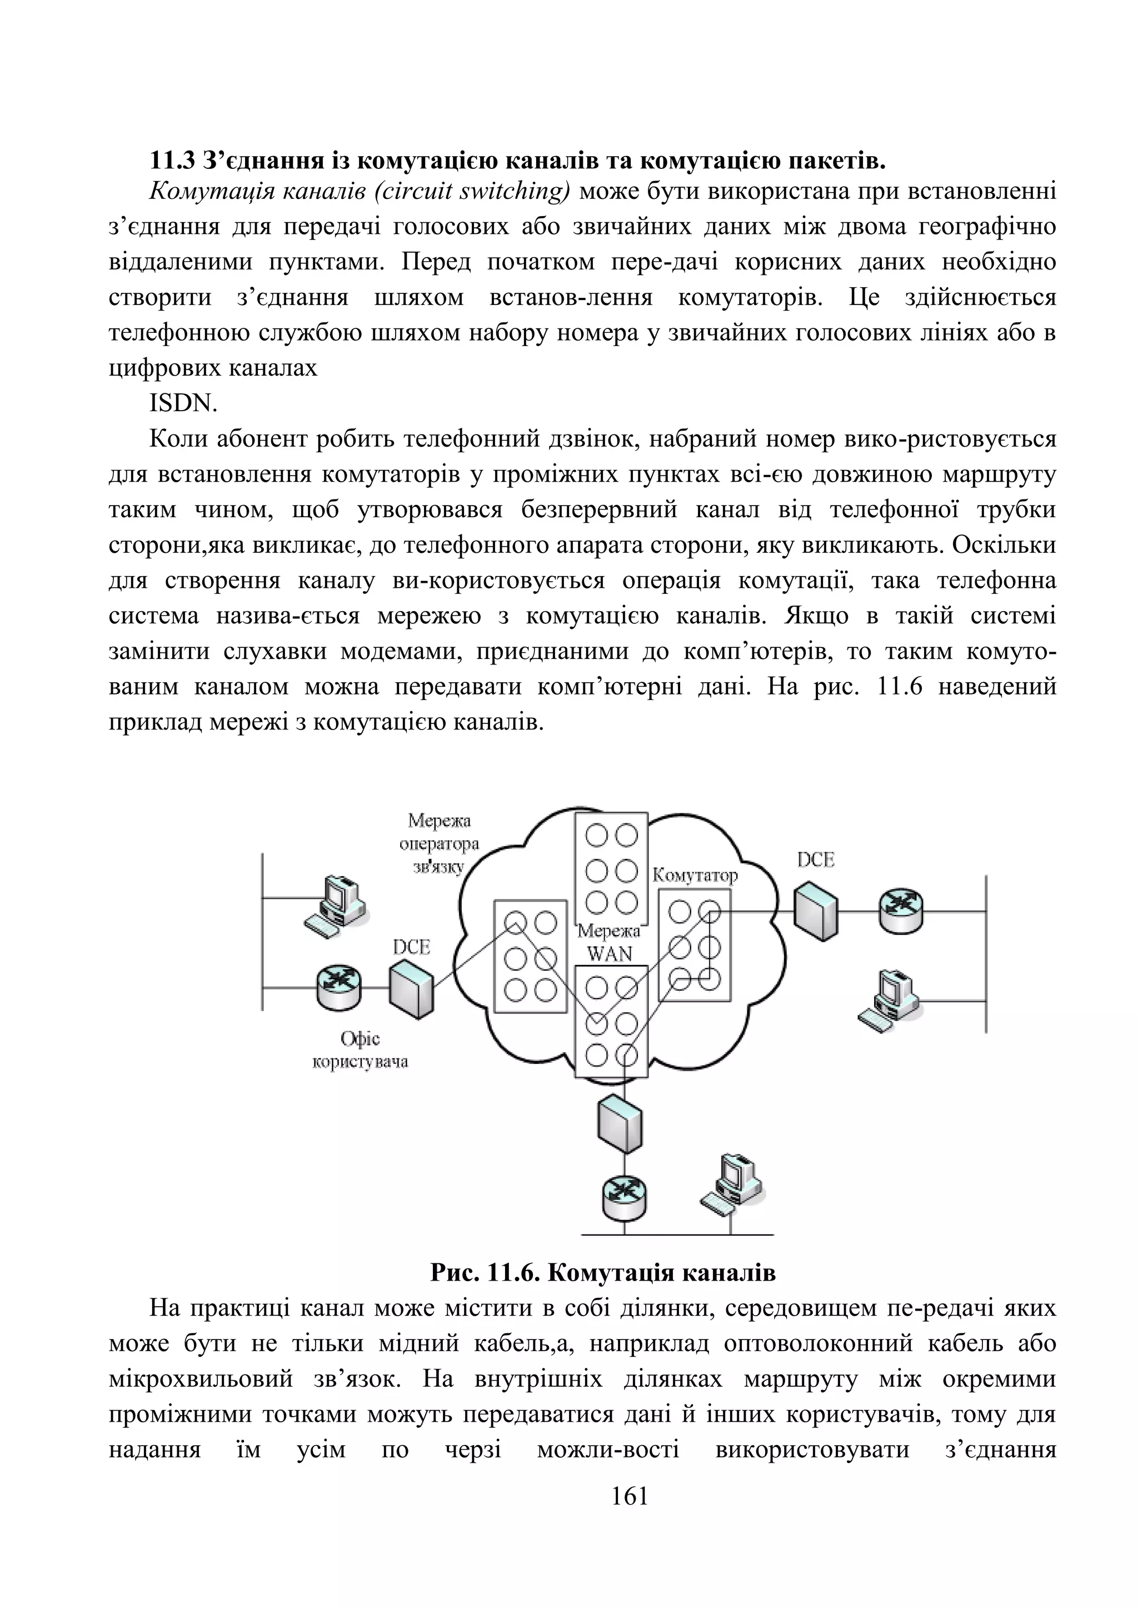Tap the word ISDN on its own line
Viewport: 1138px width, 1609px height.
(183, 404)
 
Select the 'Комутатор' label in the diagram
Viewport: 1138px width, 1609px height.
(695, 875)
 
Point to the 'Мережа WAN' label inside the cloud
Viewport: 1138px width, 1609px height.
(609, 942)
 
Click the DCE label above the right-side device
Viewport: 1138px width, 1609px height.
(816, 860)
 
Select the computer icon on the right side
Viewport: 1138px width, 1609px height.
(888, 1000)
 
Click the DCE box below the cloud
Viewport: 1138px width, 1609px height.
(620, 1124)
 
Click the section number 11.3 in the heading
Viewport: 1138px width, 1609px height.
(172, 161)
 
